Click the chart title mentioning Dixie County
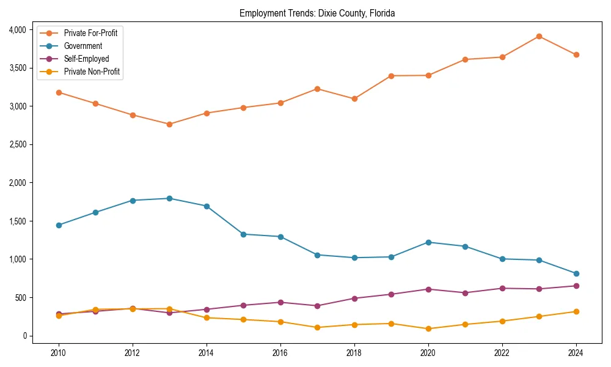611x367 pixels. pyautogui.click(x=317, y=13)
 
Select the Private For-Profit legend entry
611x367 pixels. pyautogui.click(x=90, y=33)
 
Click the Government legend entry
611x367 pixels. pyautogui.click(x=82, y=46)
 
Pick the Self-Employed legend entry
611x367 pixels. pyautogui.click(x=86, y=59)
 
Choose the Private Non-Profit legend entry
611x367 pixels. pyautogui.click(x=92, y=72)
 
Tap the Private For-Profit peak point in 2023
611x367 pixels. pyautogui.click(x=539, y=36)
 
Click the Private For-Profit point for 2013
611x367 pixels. pyautogui.click(x=169, y=124)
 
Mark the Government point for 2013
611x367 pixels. pyautogui.click(x=169, y=198)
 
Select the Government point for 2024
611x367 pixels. pyautogui.click(x=576, y=273)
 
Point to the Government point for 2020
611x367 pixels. pyautogui.click(x=428, y=242)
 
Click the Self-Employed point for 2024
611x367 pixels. pyautogui.click(x=576, y=286)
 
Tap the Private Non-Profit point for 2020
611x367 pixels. pyautogui.click(x=428, y=328)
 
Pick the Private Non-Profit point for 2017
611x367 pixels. pyautogui.click(x=317, y=327)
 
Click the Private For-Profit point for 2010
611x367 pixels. pyautogui.click(x=59, y=92)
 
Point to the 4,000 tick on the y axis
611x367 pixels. pyautogui.click(x=16, y=29)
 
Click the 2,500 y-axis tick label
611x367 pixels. pyautogui.click(x=16, y=144)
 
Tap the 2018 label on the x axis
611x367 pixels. pyautogui.click(x=354, y=353)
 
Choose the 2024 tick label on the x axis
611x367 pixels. pyautogui.click(x=576, y=353)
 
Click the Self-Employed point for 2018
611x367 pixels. pyautogui.click(x=354, y=298)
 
